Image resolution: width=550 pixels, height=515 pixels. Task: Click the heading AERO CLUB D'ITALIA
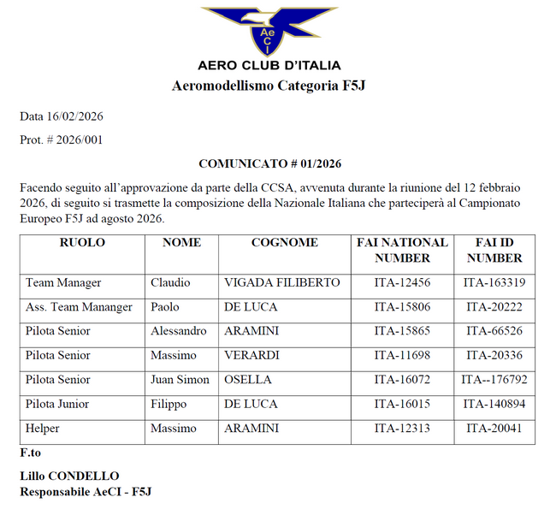(269, 65)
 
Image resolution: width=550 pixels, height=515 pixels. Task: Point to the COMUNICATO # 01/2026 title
(269, 163)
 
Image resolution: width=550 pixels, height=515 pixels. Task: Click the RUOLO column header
(82, 243)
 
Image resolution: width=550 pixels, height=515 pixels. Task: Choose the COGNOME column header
(284, 243)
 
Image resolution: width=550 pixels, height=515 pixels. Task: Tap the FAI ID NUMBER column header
(494, 250)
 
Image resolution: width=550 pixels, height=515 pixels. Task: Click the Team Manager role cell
(63, 283)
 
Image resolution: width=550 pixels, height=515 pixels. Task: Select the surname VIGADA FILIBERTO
(281, 283)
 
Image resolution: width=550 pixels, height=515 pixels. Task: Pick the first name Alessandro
(178, 331)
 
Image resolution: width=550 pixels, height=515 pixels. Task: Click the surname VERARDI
(252, 355)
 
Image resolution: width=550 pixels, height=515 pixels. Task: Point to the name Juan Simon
(180, 380)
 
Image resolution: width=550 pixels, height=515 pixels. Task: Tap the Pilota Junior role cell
(58, 404)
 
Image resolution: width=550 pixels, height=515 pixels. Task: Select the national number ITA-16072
(402, 380)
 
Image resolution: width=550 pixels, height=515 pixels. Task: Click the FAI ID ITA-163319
(494, 283)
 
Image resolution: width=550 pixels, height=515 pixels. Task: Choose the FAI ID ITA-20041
(494, 428)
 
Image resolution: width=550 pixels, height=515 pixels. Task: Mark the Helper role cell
(42, 428)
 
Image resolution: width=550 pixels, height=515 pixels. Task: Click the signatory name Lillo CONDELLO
(69, 476)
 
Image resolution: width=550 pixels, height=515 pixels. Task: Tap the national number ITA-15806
(402, 307)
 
